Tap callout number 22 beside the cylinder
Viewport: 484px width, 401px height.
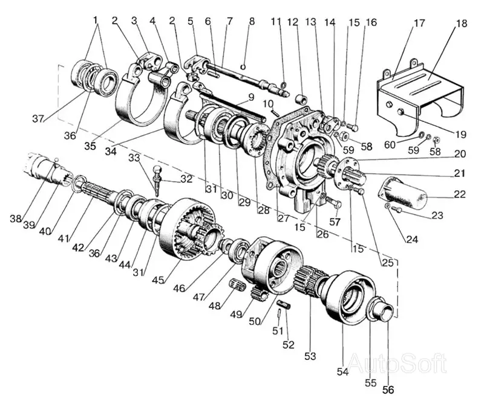(458, 194)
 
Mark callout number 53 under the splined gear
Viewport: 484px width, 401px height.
(310, 356)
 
